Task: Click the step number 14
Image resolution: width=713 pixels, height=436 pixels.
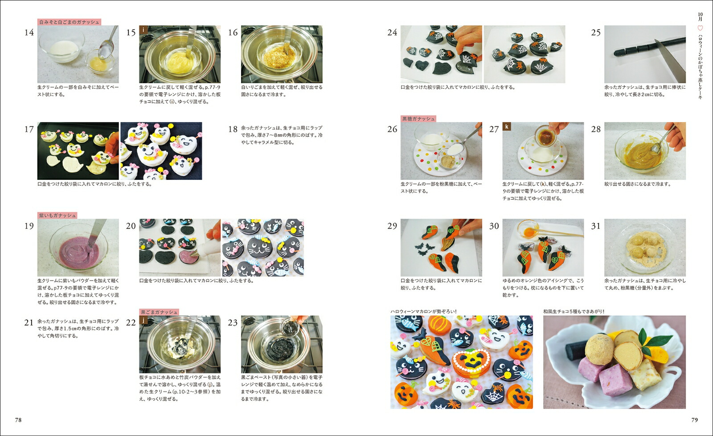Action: [x=29, y=33]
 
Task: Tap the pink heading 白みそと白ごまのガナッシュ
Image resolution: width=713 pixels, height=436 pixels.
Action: [x=69, y=22]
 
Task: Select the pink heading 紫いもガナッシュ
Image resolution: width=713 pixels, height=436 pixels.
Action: [x=57, y=215]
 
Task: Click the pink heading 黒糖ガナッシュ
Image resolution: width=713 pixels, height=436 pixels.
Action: [x=418, y=118]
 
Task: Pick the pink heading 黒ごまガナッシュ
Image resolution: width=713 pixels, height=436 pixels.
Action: [x=159, y=312]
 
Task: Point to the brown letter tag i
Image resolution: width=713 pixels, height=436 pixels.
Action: [x=143, y=30]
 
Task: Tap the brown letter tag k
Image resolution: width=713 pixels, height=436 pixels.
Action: [x=507, y=126]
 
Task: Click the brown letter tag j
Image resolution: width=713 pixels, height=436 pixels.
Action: [x=143, y=320]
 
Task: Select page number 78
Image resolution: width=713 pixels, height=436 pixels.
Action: [x=18, y=420]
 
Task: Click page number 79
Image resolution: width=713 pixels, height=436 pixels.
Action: [x=695, y=420]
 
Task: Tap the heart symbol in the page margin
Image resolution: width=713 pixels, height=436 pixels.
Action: [x=700, y=29]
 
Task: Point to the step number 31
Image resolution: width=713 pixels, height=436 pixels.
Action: [x=596, y=226]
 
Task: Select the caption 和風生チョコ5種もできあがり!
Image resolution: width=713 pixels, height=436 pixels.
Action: [x=574, y=311]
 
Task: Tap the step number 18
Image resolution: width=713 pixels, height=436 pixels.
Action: [x=233, y=129]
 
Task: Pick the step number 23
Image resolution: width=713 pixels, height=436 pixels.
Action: [x=233, y=323]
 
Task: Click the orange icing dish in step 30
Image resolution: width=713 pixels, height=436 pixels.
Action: [x=528, y=229]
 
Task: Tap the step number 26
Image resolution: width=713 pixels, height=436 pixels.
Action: [x=392, y=129]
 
